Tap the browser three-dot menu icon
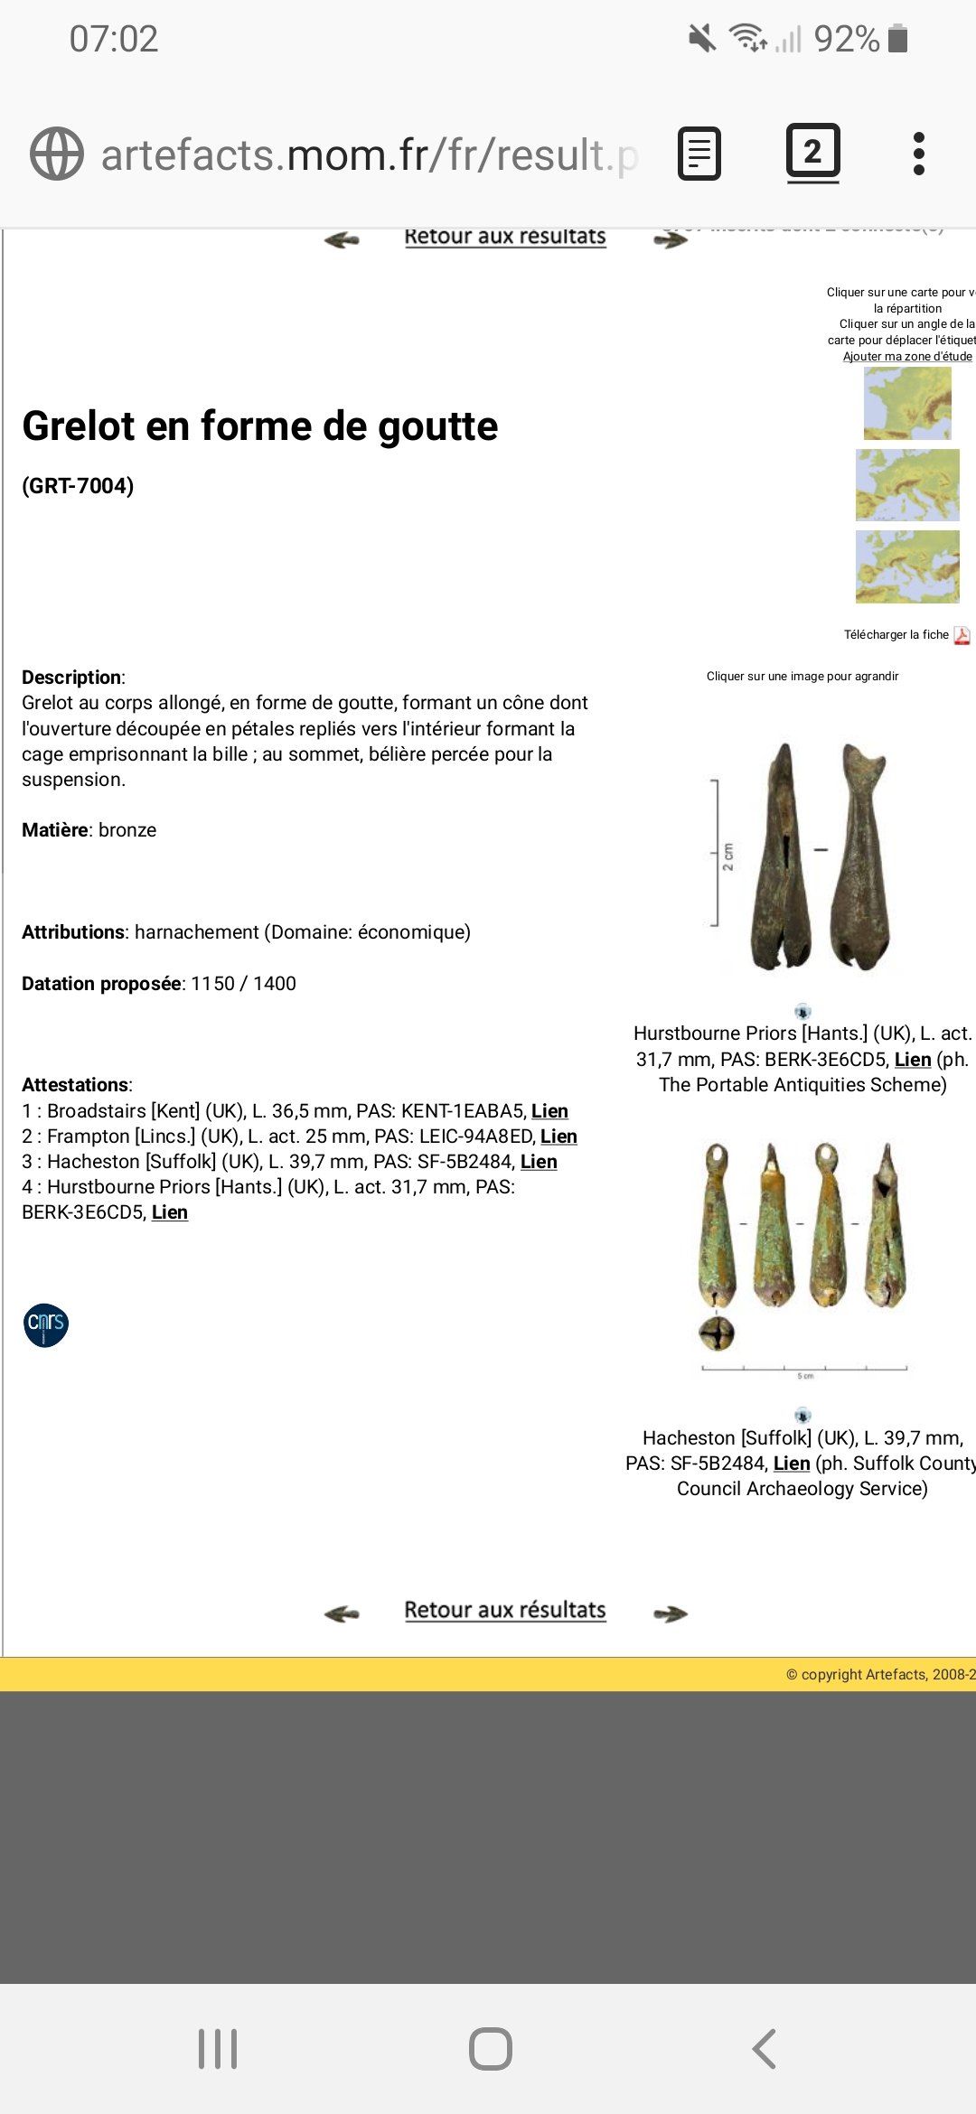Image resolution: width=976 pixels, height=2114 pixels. coord(918,154)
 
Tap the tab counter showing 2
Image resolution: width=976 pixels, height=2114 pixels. coord(812,152)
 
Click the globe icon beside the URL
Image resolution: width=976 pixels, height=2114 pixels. coord(57,154)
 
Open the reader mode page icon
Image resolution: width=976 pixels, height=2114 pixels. coord(699,154)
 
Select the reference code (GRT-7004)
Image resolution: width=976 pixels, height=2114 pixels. coord(78,486)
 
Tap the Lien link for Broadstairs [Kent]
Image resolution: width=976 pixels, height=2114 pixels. coord(549,1111)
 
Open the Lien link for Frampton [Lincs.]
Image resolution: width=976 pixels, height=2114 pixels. coord(558,1137)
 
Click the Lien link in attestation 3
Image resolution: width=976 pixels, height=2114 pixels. coord(539,1162)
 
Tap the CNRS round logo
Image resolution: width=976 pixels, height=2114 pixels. coord(46,1325)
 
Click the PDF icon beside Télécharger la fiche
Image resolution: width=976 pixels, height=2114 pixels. coord(962,635)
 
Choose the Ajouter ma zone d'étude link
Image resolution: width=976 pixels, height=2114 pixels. coord(907,357)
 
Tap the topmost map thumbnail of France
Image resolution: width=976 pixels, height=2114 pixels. coord(907,406)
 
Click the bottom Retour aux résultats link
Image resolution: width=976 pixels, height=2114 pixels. coord(505,1610)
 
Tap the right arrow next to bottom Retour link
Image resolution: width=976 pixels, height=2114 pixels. coord(671,1614)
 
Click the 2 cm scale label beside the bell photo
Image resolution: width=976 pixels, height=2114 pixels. coord(727,856)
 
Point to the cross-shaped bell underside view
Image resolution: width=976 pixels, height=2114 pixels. coord(717,1333)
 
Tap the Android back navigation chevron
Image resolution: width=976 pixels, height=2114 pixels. coord(764,2049)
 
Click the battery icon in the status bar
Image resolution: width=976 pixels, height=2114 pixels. coord(897,39)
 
